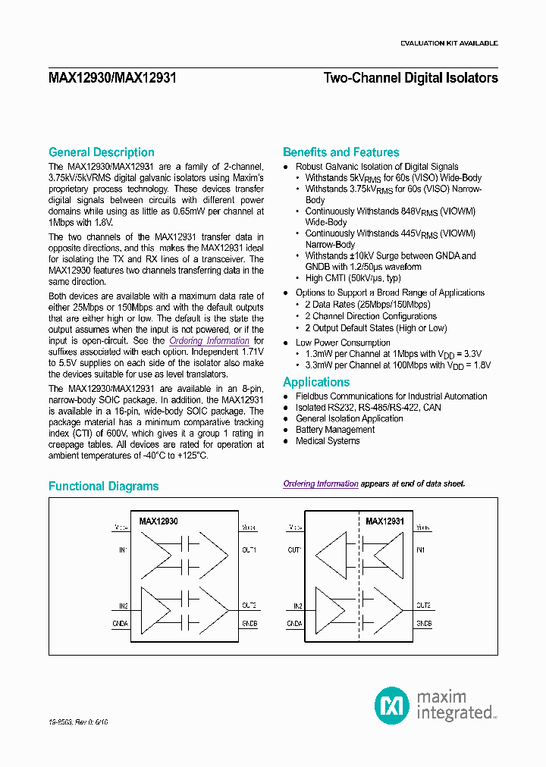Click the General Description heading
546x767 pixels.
[x=101, y=152]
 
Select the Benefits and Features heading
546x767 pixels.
[x=340, y=152]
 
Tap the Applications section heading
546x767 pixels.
[x=316, y=383]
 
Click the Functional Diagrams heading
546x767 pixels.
[x=103, y=487]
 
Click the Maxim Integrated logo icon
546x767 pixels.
[x=392, y=705]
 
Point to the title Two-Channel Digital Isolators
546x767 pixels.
[x=410, y=78]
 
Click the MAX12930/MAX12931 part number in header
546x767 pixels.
[x=112, y=78]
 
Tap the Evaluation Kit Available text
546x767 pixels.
[x=448, y=44]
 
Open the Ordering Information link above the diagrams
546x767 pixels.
[x=321, y=484]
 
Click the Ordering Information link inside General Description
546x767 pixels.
[x=209, y=341]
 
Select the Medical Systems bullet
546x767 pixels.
[x=328, y=441]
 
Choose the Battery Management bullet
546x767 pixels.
[x=335, y=430]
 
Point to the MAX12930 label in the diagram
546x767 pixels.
[x=158, y=521]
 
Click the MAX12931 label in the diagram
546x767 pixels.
[x=384, y=521]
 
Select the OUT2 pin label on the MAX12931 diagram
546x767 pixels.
[x=423, y=606]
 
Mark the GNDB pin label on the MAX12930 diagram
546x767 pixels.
[x=249, y=623]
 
